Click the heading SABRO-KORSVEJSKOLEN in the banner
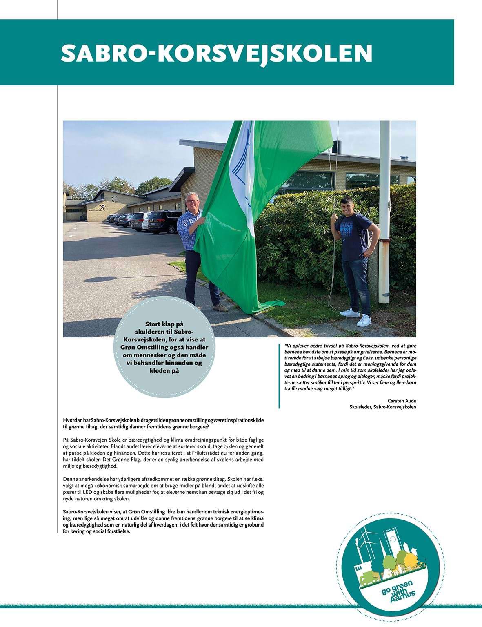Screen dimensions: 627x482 pyautogui.click(x=216, y=53)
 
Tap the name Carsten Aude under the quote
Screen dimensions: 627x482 pyautogui.click(x=402, y=401)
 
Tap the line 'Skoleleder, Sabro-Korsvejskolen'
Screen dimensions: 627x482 pyautogui.click(x=380, y=407)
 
